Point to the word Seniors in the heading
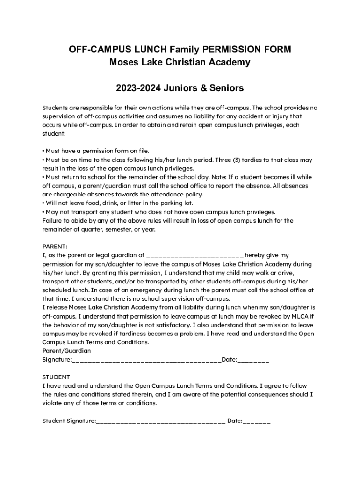[227, 88]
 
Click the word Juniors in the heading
[185, 88]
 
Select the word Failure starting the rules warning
[53, 220]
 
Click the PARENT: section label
[55, 247]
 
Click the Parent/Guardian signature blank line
[146, 360]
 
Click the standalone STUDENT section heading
[56, 377]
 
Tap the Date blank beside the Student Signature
[256, 421]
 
